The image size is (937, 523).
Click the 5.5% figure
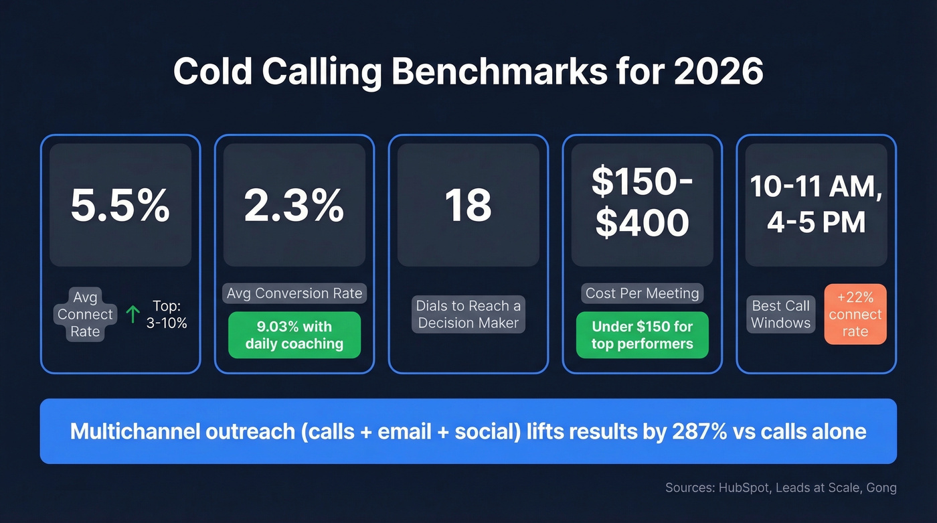[120, 206]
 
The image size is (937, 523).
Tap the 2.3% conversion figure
[294, 206]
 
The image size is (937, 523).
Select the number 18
[468, 206]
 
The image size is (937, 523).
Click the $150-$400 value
[643, 204]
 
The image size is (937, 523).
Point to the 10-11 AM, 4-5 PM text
[817, 204]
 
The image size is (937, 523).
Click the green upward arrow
[133, 315]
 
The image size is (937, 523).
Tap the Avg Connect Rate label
[85, 314]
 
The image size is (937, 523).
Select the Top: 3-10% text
[166, 314]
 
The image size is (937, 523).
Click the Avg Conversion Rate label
[294, 293]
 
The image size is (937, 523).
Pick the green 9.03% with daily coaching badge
[294, 335]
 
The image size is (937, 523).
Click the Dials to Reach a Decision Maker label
[468, 314]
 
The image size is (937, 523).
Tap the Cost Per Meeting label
[643, 293]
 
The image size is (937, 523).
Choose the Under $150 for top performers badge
[643, 335]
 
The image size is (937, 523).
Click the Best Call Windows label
[780, 314]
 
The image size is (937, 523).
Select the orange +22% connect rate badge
[855, 314]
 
